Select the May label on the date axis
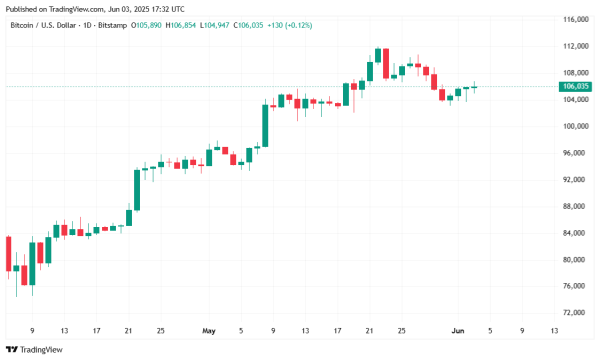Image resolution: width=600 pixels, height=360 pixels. [208, 329]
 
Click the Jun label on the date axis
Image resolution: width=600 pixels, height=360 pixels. [456, 329]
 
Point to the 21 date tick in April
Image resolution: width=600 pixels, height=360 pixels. [128, 329]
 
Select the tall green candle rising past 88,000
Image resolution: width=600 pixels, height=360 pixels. [137, 189]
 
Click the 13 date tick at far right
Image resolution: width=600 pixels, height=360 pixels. [554, 329]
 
